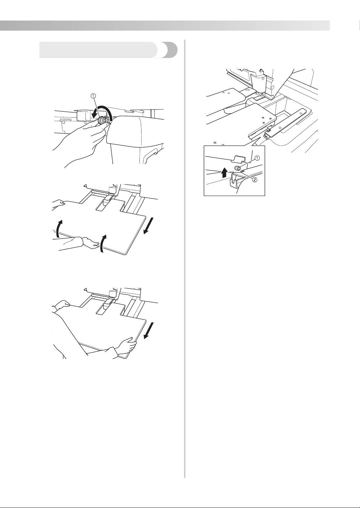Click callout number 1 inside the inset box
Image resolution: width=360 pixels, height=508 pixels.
[x=257, y=158]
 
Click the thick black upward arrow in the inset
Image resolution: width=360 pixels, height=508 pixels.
[x=225, y=172]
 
